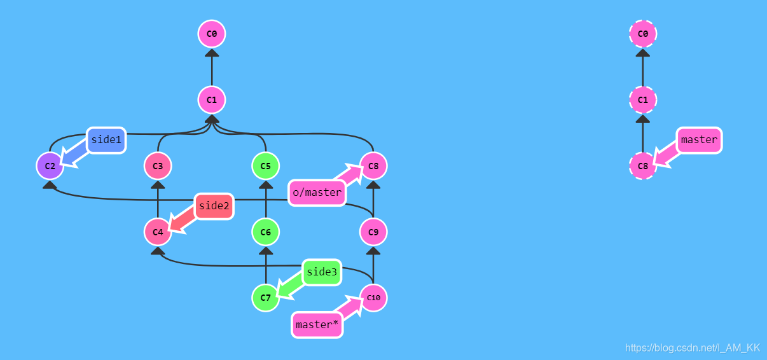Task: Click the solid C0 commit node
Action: click(x=212, y=33)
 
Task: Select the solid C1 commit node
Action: click(x=212, y=100)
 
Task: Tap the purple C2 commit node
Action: click(x=50, y=166)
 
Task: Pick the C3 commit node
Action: click(x=158, y=166)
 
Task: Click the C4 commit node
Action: click(x=158, y=232)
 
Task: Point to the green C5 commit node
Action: click(x=265, y=166)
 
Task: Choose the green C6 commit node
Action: click(x=265, y=232)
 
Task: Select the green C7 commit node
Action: click(x=265, y=298)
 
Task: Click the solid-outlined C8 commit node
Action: click(x=373, y=166)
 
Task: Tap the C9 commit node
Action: click(x=373, y=232)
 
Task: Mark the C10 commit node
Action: click(x=373, y=298)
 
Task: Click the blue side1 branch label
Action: click(x=106, y=140)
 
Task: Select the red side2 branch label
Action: click(x=214, y=206)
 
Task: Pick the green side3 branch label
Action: click(x=322, y=272)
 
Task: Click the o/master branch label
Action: click(x=317, y=192)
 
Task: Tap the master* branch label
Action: click(x=317, y=324)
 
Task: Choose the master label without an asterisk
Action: click(x=699, y=140)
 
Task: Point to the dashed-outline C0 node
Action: click(x=643, y=33)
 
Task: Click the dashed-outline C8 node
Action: click(x=643, y=166)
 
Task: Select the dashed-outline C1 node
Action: click(x=643, y=100)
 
